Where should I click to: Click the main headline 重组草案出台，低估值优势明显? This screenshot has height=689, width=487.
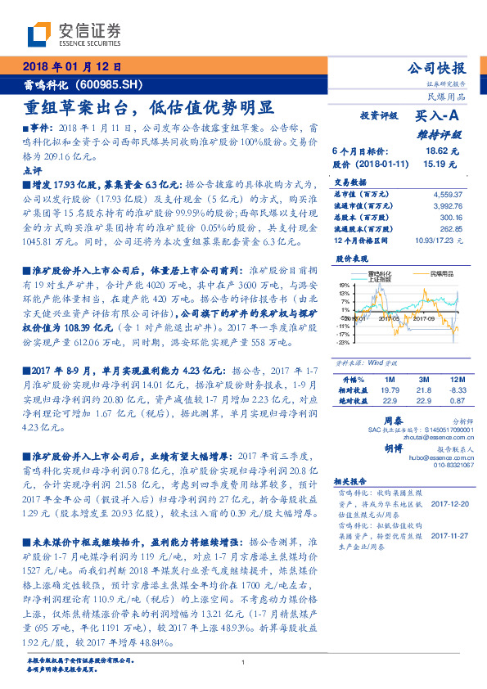[x=147, y=107]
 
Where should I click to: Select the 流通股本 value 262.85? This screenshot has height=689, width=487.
[x=450, y=229]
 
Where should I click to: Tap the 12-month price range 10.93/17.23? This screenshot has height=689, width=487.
[x=438, y=241]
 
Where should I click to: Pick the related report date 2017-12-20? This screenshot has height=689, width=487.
[x=446, y=506]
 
